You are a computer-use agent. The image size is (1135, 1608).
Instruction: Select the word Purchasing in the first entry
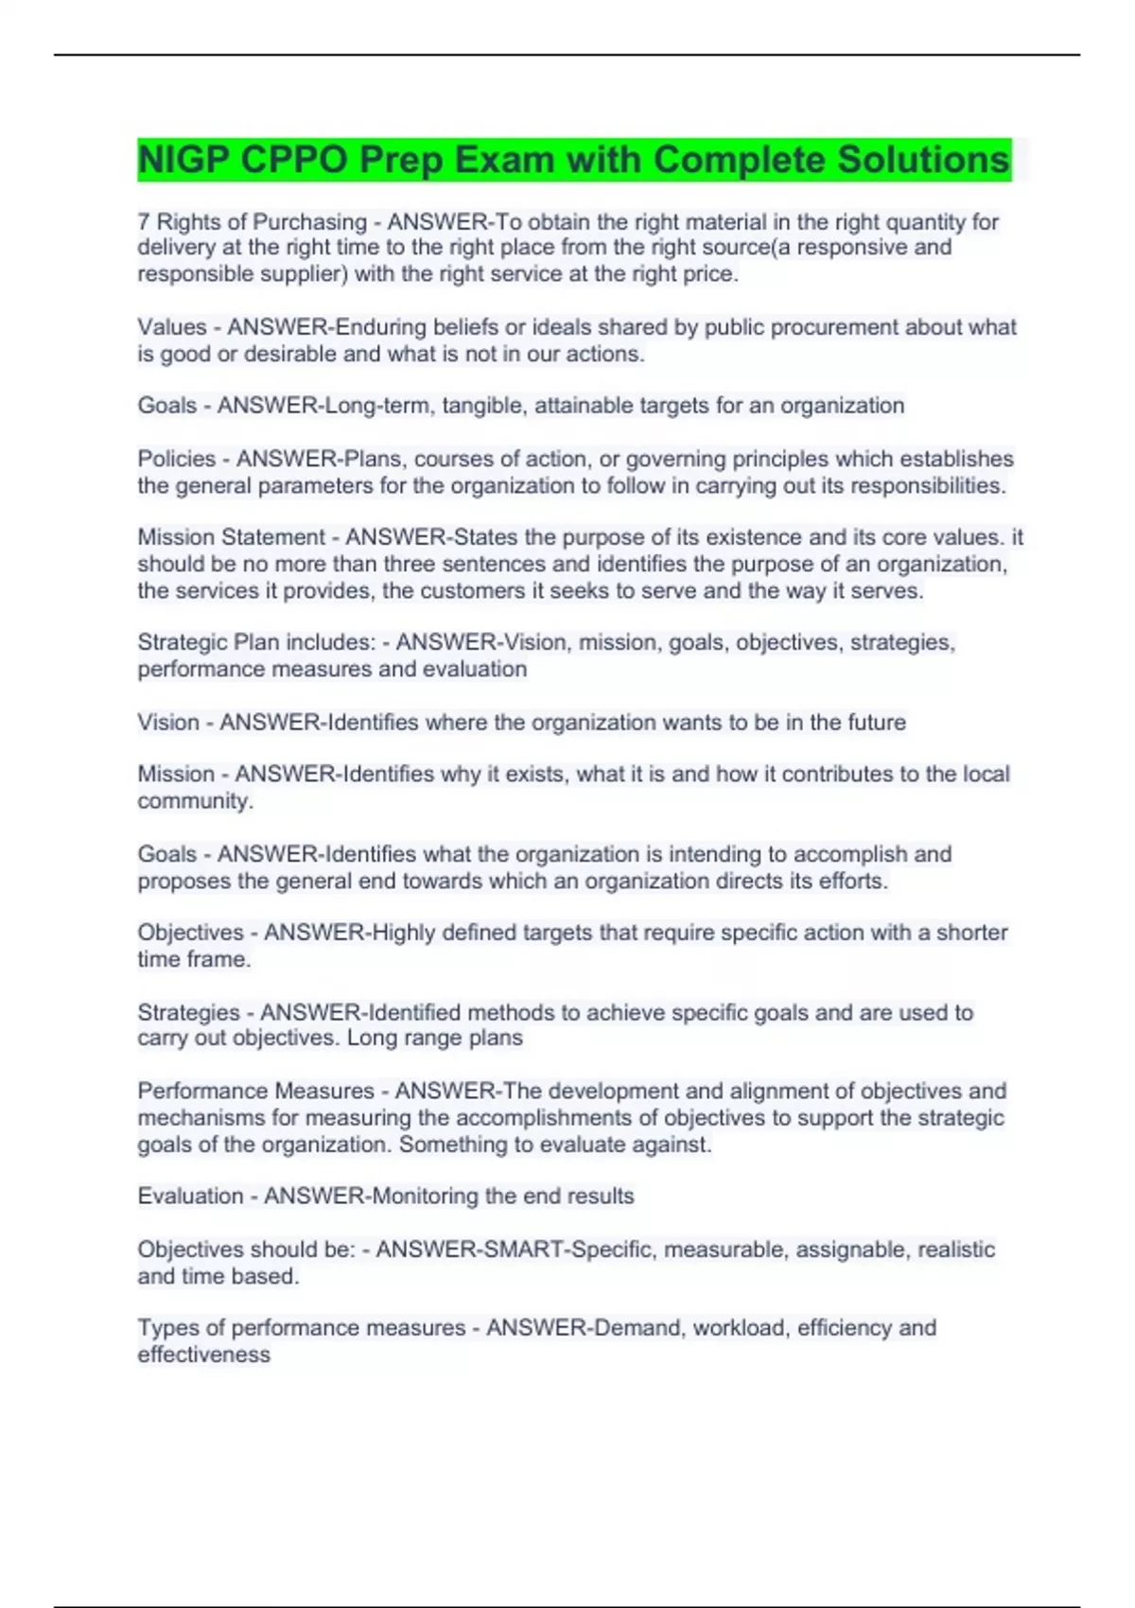pyautogui.click(x=310, y=222)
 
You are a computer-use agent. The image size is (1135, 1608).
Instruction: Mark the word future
pyautogui.click(x=874, y=723)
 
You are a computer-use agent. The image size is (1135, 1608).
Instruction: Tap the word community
pyautogui.click(x=194, y=801)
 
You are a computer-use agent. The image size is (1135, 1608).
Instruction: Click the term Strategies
pyautogui.click(x=189, y=1013)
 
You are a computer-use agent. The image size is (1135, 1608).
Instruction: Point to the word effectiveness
pyautogui.click(x=204, y=1355)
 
